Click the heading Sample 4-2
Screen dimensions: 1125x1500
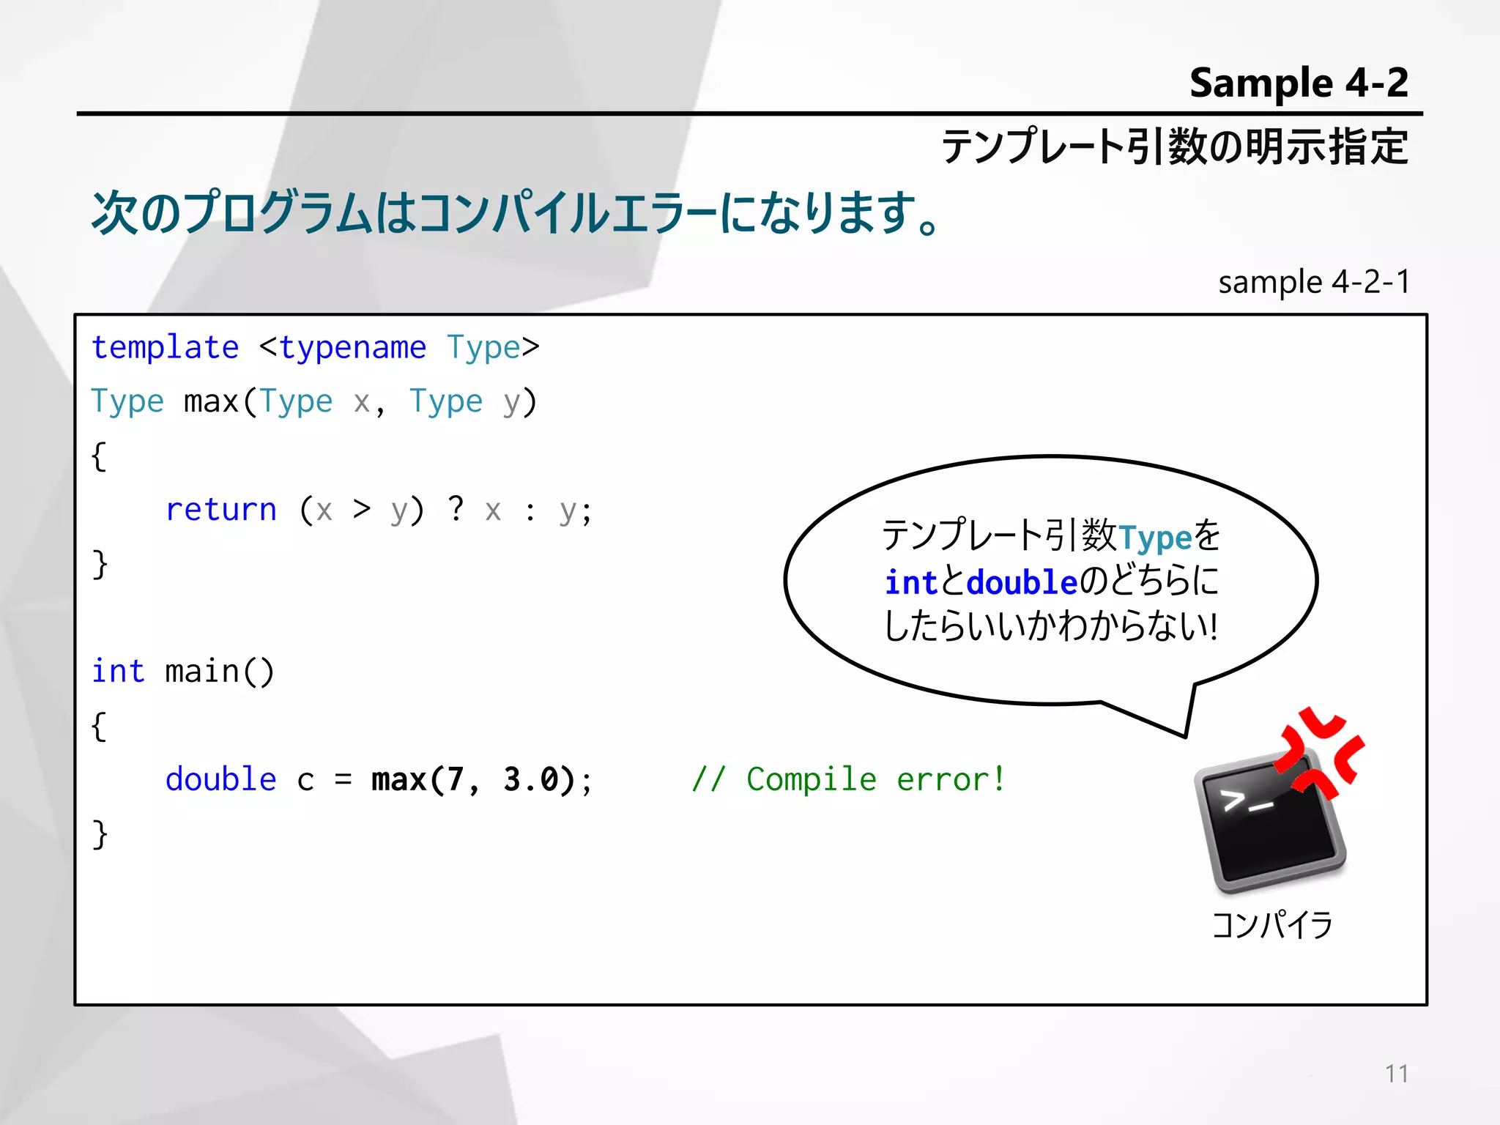click(1298, 83)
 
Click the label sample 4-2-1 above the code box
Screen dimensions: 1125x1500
click(1313, 282)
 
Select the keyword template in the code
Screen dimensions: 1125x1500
click(165, 348)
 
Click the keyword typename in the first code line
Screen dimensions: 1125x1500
click(352, 348)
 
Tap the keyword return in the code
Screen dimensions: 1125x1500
click(221, 510)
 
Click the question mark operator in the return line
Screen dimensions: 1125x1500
click(456, 508)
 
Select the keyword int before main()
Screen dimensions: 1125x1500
click(117, 671)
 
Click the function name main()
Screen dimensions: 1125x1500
click(219, 672)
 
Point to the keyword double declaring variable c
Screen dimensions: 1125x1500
click(220, 779)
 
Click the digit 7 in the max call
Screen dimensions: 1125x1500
click(455, 779)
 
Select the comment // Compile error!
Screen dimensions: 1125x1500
click(848, 779)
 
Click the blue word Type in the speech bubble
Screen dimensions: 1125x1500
click(1155, 538)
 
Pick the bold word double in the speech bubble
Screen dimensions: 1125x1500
click(1022, 583)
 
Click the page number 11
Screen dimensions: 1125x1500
click(1396, 1074)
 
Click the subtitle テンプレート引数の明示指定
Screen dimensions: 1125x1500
click(1174, 146)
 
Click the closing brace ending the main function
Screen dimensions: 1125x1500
click(100, 834)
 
